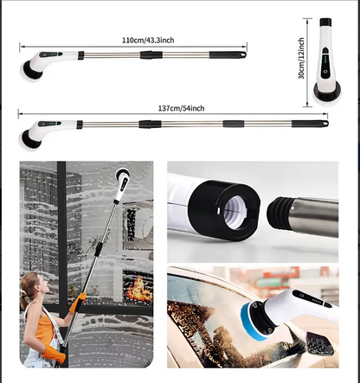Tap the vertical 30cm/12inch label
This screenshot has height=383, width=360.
tap(301, 58)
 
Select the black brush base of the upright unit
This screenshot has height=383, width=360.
tap(327, 89)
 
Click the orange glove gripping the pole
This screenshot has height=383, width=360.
tap(78, 300)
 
